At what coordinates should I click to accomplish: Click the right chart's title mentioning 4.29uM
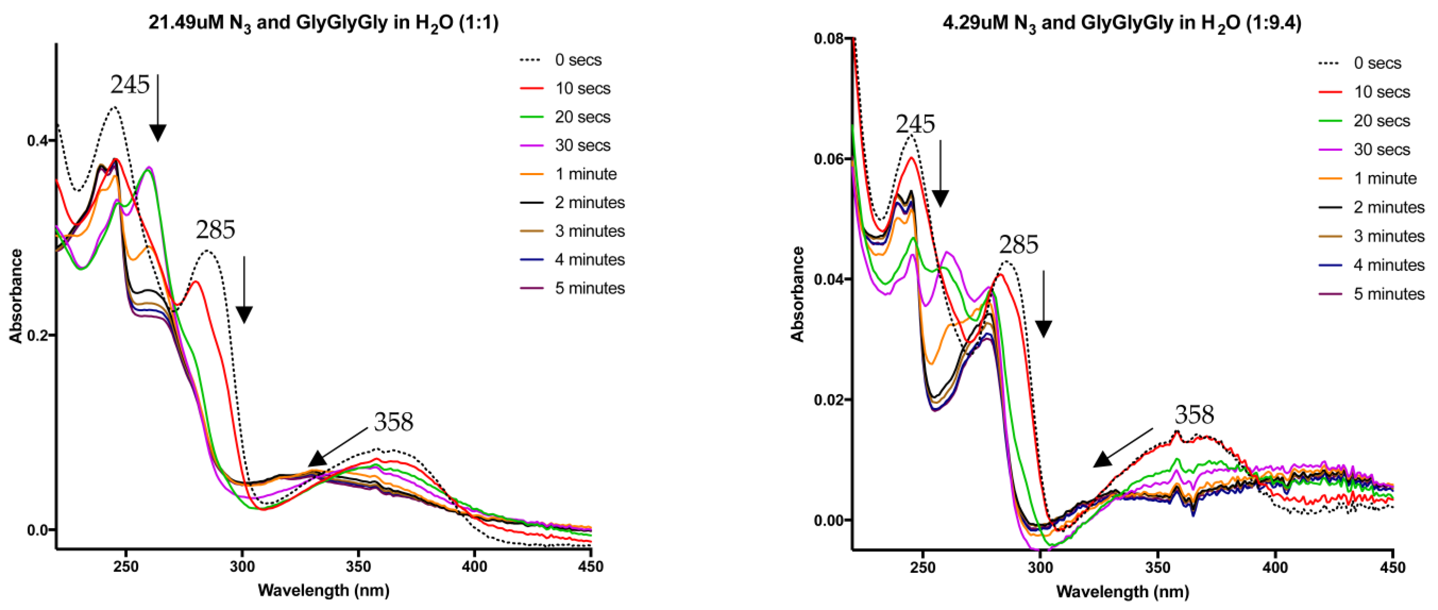[x=1122, y=23]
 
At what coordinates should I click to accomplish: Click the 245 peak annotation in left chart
[x=130, y=85]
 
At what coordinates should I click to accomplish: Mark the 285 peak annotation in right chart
[x=1018, y=244]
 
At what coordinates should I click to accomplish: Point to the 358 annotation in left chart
[x=394, y=422]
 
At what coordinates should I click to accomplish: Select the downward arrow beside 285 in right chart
[x=1043, y=304]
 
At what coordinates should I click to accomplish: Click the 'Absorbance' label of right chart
[x=797, y=294]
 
